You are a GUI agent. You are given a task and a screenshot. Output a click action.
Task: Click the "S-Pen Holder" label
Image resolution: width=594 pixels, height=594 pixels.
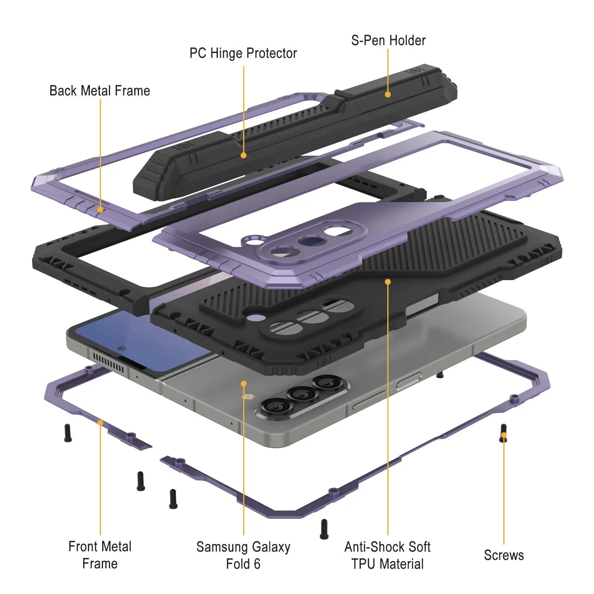(388, 40)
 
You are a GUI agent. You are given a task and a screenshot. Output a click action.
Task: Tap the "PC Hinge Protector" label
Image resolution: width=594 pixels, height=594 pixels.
(243, 53)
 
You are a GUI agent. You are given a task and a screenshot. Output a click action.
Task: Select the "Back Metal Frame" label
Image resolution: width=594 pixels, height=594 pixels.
(100, 91)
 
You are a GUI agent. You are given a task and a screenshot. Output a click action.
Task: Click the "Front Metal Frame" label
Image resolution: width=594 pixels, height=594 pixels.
(100, 555)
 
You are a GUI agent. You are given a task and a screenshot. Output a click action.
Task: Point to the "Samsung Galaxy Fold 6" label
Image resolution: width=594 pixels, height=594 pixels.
(243, 555)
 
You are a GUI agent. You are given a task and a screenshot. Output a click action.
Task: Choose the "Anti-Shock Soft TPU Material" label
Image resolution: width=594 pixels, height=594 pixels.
(387, 555)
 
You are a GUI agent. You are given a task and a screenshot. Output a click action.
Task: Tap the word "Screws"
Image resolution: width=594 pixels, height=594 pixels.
(504, 555)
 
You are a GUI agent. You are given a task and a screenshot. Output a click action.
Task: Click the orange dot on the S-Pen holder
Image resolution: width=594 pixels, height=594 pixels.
(388, 94)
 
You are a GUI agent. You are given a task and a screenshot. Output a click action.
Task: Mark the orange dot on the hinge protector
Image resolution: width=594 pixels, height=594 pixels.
(244, 155)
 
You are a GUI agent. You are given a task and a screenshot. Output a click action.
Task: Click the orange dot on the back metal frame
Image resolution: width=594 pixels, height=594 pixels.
(100, 209)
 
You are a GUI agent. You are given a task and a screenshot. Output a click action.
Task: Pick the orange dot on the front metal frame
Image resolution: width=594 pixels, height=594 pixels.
(100, 423)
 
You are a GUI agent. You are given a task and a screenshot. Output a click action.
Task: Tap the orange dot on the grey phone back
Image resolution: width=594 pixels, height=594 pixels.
(244, 383)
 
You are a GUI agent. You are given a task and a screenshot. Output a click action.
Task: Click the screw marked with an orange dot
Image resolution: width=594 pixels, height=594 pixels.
(504, 434)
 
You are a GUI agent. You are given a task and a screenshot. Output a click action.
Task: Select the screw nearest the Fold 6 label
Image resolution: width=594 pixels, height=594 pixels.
(324, 529)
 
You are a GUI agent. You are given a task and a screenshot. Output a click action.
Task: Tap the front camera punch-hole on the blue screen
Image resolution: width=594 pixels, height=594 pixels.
(122, 348)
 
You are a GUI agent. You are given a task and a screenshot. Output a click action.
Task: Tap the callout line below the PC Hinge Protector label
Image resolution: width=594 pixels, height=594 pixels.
(244, 107)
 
